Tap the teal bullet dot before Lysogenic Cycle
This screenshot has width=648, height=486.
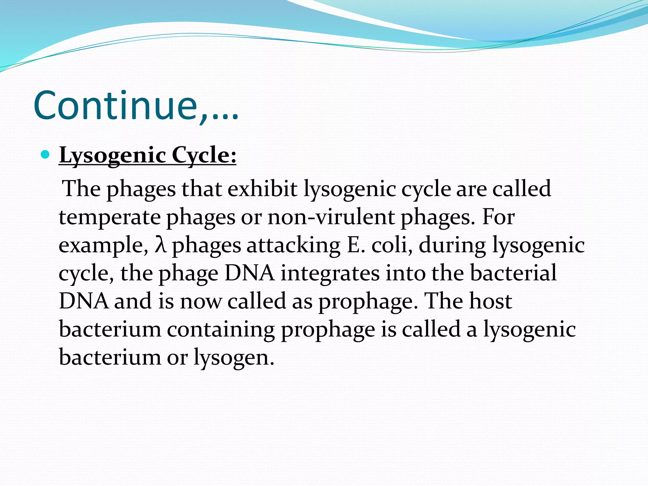click(46, 155)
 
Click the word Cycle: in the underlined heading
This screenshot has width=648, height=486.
click(204, 156)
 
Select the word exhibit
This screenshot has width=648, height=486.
click(262, 189)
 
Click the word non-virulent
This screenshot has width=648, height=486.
click(331, 217)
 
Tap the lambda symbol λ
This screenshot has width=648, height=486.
click(160, 245)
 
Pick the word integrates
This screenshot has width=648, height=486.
click(330, 273)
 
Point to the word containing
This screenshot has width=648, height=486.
click(221, 329)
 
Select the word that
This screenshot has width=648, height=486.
click(202, 189)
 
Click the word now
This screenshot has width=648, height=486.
click(201, 302)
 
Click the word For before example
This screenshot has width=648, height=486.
click(498, 217)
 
